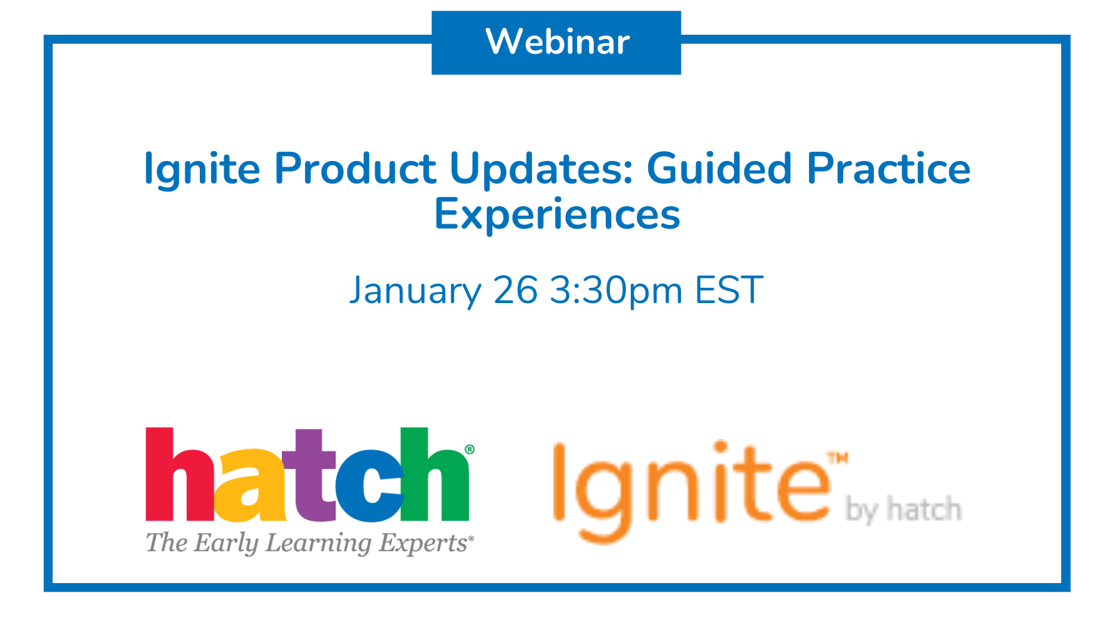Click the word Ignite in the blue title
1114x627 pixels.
coord(202,170)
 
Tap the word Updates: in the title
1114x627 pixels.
coord(541,170)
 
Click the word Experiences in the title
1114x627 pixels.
coord(557,214)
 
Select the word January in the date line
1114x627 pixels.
coord(415,291)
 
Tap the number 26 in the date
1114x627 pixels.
coord(516,290)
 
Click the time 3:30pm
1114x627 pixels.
coord(616,291)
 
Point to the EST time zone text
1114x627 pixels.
coord(728,290)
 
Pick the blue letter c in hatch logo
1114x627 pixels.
coord(369,486)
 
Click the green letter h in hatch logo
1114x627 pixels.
coord(434,474)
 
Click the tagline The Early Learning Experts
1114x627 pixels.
coord(309,543)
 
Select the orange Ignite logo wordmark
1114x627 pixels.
coord(692,492)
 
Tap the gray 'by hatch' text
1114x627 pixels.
coord(904,510)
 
